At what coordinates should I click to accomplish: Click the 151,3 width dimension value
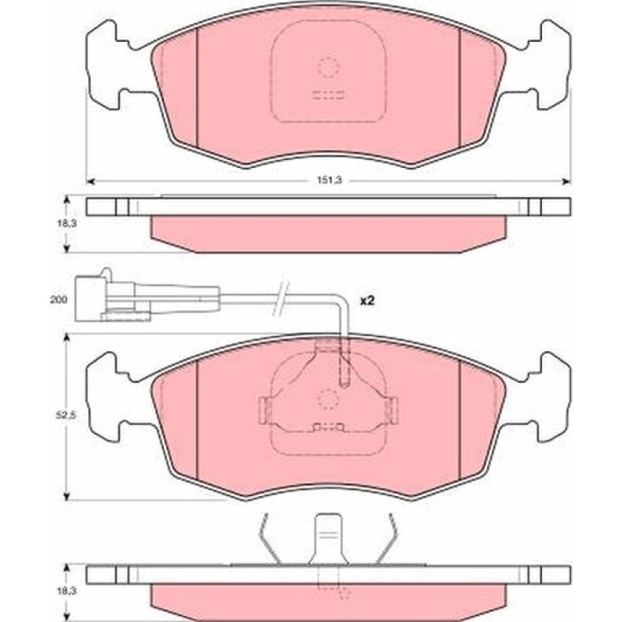pyautogui.click(x=329, y=180)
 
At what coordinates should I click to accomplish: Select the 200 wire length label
pyautogui.click(x=58, y=300)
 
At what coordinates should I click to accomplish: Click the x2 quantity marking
pyautogui.click(x=367, y=301)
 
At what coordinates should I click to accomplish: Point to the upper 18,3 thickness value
pyautogui.click(x=66, y=223)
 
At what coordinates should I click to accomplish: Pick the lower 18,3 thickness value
pyautogui.click(x=66, y=591)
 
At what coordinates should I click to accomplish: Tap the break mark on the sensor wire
pyautogui.click(x=281, y=300)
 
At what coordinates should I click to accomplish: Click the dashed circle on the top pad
pyautogui.click(x=329, y=66)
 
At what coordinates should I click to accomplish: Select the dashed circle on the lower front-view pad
pyautogui.click(x=329, y=399)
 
